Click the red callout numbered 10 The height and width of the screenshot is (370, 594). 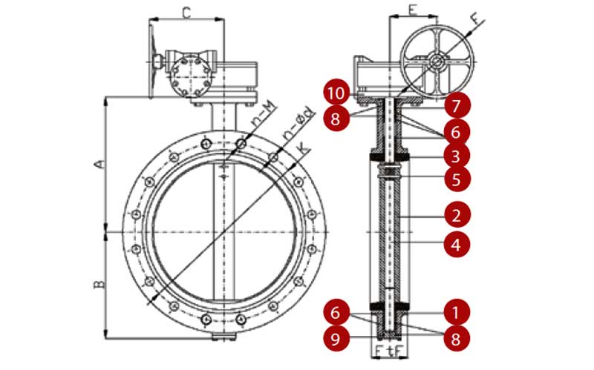[338, 94]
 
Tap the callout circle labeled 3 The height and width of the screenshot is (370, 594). [457, 155]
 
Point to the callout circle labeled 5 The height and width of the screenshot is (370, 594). [457, 179]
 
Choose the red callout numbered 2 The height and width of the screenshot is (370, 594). [457, 216]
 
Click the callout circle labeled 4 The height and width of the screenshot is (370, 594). [457, 243]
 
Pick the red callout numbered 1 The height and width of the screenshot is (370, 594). [457, 305]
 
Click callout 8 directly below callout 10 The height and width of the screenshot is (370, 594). [338, 119]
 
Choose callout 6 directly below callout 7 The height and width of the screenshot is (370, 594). [457, 131]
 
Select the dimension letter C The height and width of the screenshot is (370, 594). [187, 12]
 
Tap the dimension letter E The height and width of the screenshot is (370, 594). [412, 12]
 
